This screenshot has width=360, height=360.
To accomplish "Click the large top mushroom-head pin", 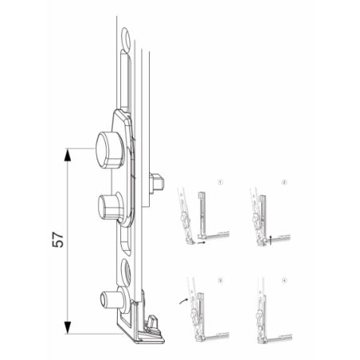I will (x=106, y=147).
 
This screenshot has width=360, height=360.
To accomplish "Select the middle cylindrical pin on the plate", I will (x=107, y=205).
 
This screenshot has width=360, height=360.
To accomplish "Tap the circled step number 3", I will (x=220, y=280).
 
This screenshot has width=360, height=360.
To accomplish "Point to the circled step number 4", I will (x=284, y=280).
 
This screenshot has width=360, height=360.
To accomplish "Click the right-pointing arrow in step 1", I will (x=198, y=247).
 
